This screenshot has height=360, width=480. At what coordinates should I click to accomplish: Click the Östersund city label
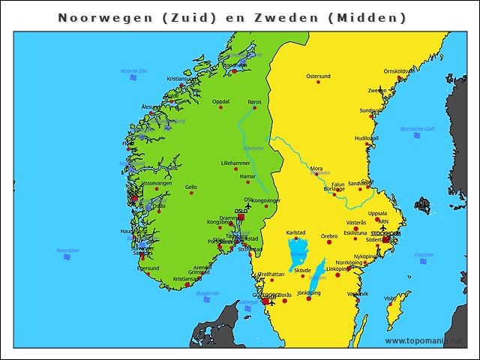[x=318, y=76]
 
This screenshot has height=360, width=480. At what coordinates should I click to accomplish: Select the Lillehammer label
[x=235, y=163]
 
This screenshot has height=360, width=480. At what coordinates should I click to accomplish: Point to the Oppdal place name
[x=220, y=101]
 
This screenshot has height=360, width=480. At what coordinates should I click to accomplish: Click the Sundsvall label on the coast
[x=371, y=110]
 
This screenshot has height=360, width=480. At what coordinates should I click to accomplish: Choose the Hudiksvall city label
[x=367, y=138]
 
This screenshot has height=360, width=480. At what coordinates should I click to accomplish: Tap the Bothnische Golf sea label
[x=418, y=129]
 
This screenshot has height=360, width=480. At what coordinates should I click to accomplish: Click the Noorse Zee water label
[x=133, y=70]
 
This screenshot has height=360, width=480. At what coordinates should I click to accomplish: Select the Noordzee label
[x=67, y=250]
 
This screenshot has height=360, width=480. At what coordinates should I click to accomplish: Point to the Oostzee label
[x=424, y=254]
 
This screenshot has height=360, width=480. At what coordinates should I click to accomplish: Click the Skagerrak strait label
[x=207, y=293]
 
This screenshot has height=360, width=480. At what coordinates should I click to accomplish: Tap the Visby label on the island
[x=390, y=298]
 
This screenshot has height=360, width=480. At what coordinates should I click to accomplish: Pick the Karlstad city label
[x=296, y=232]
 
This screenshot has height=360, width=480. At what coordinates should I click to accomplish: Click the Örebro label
[x=329, y=236]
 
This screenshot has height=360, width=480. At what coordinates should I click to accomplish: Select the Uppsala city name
[x=378, y=213]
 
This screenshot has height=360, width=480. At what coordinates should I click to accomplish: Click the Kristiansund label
[x=182, y=78]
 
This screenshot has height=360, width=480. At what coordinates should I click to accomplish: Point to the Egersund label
[x=148, y=268]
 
